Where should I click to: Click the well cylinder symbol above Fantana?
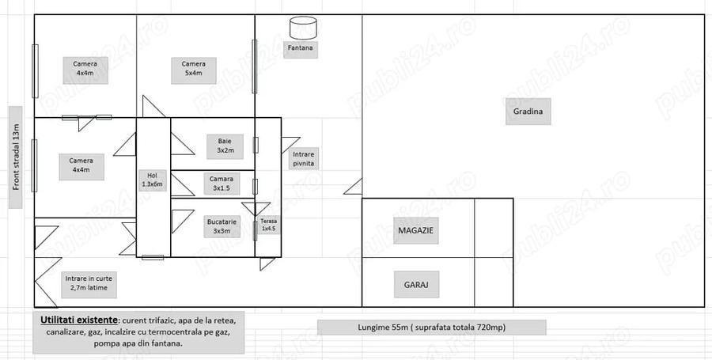pos(303,28)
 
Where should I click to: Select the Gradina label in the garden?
pos(528,112)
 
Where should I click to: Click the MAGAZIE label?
pos(415,230)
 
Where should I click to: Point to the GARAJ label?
pos(416,285)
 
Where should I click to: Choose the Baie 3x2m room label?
pos(225,146)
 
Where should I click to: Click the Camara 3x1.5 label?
pos(222,184)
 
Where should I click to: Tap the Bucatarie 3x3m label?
pos(222,226)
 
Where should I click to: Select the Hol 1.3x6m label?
pos(152,180)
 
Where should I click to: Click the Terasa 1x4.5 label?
pos(268,225)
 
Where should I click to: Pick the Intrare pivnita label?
pos(303,158)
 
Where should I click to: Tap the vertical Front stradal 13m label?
pos(16,157)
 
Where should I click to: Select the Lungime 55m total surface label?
pos(431,327)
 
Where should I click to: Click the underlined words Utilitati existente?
pos(79,320)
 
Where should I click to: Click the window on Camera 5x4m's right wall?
pos(254,66)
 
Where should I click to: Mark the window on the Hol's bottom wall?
pos(153,257)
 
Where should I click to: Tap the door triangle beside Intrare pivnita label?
pos(290,144)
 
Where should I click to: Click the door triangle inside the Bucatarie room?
pos(180,220)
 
